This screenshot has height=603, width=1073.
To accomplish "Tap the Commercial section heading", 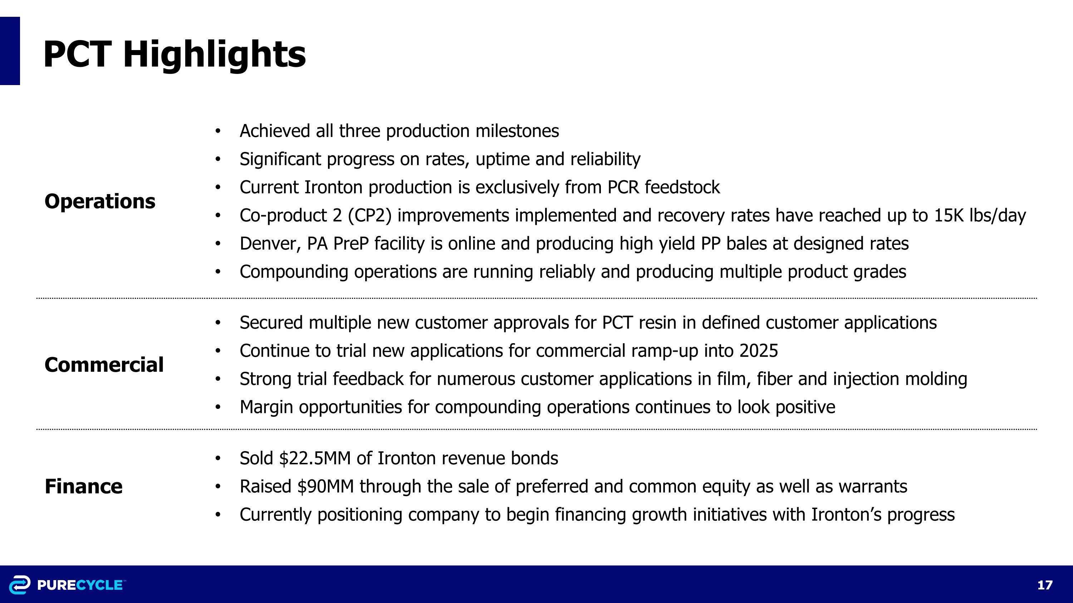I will [x=104, y=365].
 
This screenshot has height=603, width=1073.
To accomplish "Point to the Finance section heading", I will [x=83, y=486].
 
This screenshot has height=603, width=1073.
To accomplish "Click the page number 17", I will [x=1044, y=585].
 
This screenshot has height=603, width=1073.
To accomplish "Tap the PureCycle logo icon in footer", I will [x=20, y=585].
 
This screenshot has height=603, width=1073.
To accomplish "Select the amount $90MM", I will [x=325, y=486].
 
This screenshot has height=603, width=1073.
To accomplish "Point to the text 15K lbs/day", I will [x=980, y=216].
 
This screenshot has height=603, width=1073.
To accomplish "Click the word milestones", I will [x=517, y=131].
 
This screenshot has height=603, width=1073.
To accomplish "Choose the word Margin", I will [x=266, y=407].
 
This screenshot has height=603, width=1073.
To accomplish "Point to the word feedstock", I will [x=682, y=187].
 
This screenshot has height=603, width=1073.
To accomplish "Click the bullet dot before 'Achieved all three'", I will [x=217, y=132].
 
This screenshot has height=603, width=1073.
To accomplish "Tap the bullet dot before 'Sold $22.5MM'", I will [x=217, y=459].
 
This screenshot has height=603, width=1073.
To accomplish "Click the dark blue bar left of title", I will [x=10, y=51].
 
